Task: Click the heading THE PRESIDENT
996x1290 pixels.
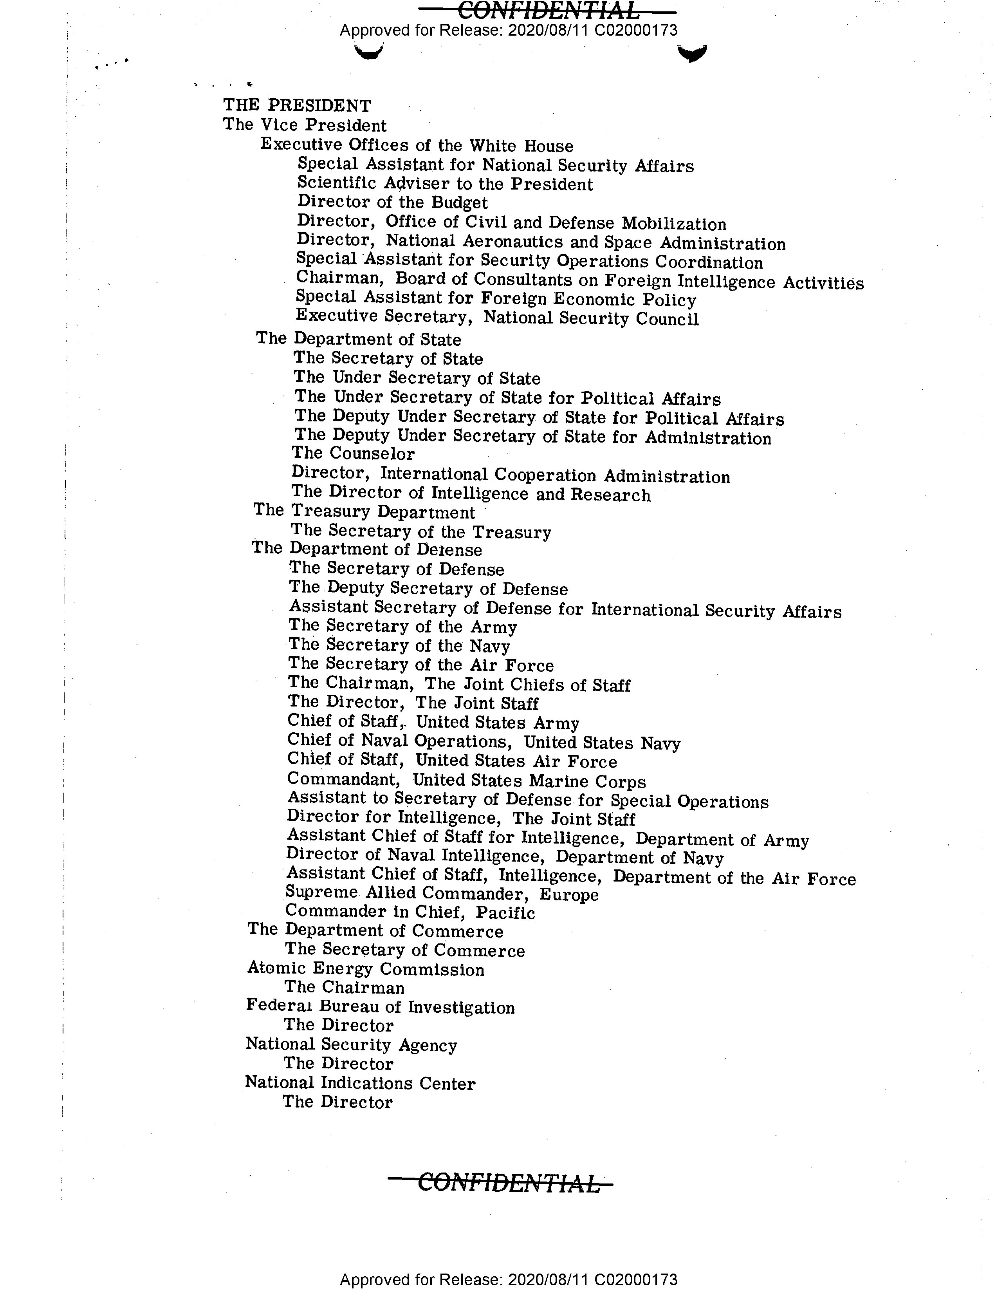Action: [x=297, y=106]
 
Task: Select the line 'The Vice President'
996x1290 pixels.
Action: [x=305, y=125]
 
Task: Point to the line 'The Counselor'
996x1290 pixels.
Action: [x=353, y=453]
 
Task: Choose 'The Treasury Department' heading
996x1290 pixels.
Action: [x=364, y=511]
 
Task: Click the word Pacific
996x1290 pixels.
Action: [x=505, y=913]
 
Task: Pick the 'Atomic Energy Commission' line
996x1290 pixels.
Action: [x=365, y=969]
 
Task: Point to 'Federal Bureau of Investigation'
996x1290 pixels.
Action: [x=380, y=1007]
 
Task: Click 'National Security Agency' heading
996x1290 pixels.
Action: [x=351, y=1045]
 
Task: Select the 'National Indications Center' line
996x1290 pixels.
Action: [x=360, y=1083]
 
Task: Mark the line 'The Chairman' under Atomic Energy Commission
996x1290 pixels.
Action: [x=344, y=988]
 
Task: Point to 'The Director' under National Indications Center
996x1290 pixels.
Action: [x=337, y=1102]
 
